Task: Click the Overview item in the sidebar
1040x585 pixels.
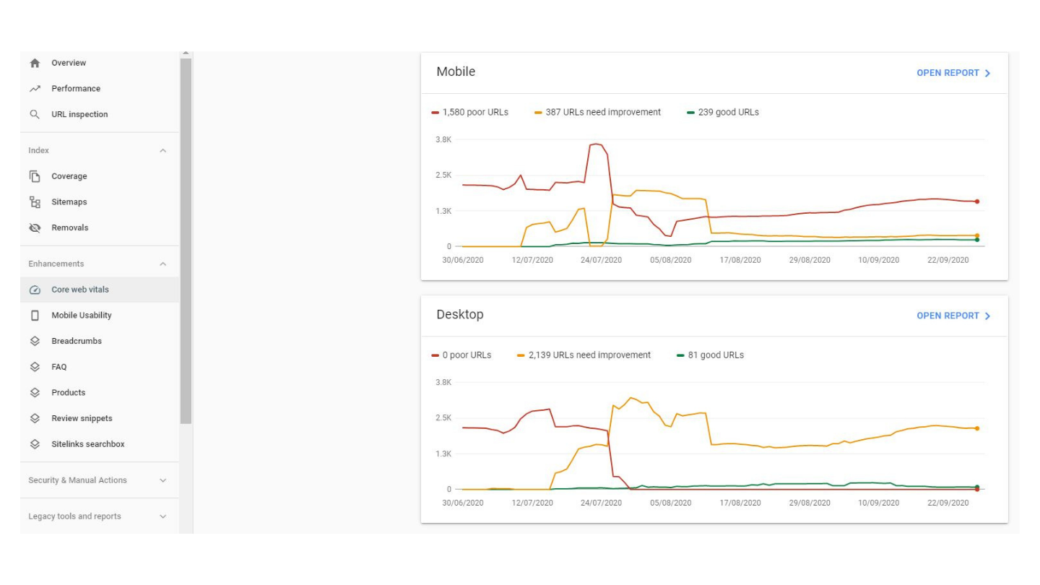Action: tap(68, 63)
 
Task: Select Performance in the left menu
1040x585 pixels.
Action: tap(75, 89)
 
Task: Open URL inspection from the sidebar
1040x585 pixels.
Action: tap(79, 114)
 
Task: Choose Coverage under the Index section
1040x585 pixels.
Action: tap(69, 176)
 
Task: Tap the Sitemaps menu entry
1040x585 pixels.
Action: tap(69, 202)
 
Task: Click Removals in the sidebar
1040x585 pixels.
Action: tap(69, 227)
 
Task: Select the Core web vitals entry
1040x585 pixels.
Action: tap(79, 290)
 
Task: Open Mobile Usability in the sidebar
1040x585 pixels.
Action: tap(81, 316)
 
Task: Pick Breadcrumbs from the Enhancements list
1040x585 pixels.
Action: tap(76, 341)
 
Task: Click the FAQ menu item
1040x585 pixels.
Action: tap(58, 367)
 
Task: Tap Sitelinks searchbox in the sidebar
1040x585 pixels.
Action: tap(87, 444)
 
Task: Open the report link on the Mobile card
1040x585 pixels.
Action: tap(953, 73)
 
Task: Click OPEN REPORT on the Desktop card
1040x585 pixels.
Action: tap(953, 316)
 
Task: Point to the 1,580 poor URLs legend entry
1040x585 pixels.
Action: tap(474, 112)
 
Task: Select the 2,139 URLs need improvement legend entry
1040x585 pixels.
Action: tap(589, 355)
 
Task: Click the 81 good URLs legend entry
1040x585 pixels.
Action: tap(715, 355)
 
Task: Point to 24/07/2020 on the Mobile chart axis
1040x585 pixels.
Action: tap(601, 260)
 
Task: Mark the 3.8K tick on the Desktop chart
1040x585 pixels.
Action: tap(443, 382)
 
